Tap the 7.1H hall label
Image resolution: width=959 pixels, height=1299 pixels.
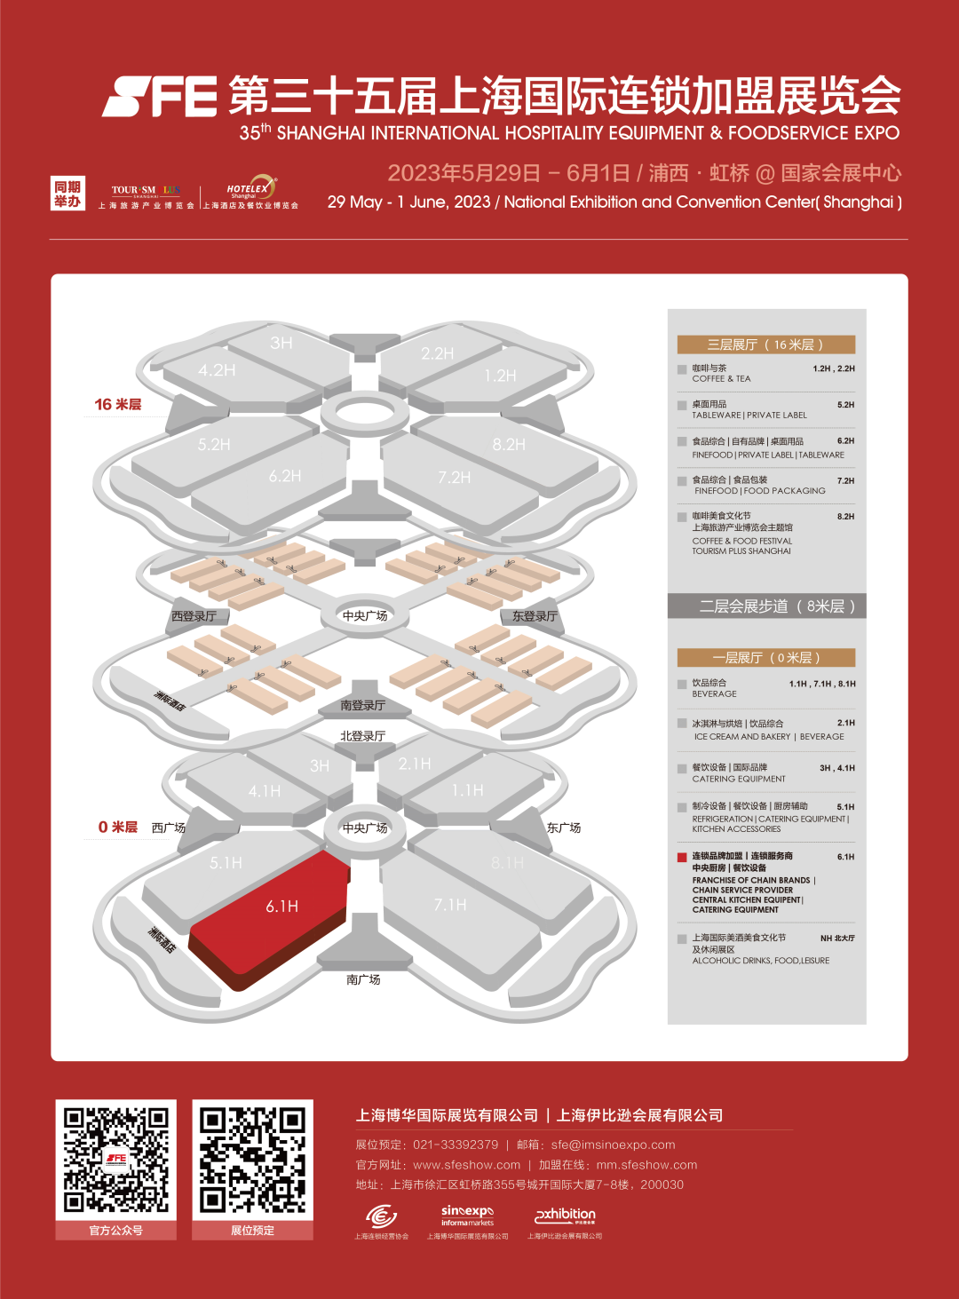[x=450, y=905]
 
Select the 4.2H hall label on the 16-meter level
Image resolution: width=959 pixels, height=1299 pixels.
[x=217, y=370]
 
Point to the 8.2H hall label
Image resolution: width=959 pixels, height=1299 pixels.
[x=509, y=444]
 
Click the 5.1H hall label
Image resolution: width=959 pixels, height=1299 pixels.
[x=226, y=862]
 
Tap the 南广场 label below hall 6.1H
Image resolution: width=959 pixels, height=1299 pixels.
[x=363, y=979]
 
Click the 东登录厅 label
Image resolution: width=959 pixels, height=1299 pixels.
[x=535, y=616]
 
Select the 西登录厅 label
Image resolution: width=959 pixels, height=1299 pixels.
[x=194, y=616]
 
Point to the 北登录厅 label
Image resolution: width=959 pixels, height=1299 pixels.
[x=362, y=736]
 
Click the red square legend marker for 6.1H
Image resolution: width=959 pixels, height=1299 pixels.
[x=682, y=857]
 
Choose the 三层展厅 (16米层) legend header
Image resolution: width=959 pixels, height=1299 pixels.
[x=765, y=345]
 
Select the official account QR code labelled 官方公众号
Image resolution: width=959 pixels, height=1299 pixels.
[x=116, y=1160]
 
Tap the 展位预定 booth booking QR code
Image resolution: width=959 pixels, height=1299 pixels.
[x=253, y=1160]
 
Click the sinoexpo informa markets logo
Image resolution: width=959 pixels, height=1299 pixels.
[x=467, y=1216]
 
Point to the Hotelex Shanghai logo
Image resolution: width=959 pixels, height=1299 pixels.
[x=250, y=188]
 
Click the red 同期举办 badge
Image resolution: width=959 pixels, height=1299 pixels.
[x=67, y=194]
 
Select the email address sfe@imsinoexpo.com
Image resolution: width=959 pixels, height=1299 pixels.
[x=613, y=1145]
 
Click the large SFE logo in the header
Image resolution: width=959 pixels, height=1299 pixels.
[x=161, y=96]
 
